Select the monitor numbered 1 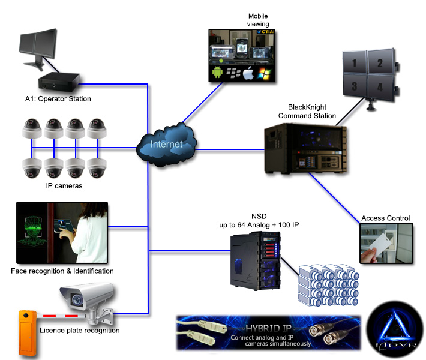pyautogui.click(x=354, y=62)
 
